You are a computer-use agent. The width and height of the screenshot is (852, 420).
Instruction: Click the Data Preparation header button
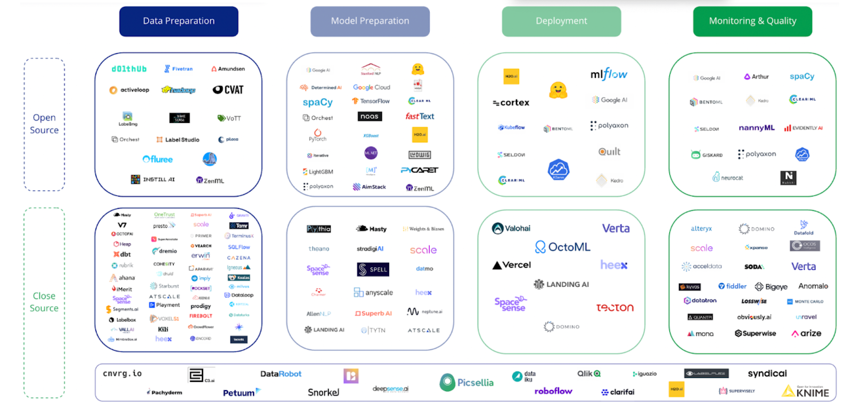pos(178,21)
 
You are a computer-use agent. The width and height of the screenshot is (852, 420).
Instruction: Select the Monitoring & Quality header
pos(752,21)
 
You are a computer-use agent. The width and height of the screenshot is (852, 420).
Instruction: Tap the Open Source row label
pos(44,124)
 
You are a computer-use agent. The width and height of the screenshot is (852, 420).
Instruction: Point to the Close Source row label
pos(44,302)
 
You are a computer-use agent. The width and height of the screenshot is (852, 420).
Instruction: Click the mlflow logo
pos(609,74)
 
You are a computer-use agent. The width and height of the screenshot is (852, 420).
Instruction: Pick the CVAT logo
pos(228,90)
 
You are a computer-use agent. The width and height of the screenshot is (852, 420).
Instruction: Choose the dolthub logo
pos(129,69)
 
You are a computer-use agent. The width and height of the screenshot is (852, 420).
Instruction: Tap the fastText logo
pos(420,116)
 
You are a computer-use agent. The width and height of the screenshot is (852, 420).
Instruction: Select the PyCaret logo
pos(419,170)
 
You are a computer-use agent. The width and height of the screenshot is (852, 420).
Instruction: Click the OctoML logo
pos(562,247)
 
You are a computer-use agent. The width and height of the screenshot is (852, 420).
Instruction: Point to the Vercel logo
pos(512,265)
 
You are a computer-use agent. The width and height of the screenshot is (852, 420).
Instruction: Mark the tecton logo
pos(615,308)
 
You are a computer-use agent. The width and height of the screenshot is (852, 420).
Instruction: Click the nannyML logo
pos(756,128)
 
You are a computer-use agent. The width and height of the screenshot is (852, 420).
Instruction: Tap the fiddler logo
pos(733,286)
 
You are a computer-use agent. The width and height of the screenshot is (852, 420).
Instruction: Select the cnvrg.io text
pos(122,374)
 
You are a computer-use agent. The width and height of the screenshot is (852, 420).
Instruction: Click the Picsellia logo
pos(466,382)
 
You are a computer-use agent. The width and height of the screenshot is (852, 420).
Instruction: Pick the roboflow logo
pos(553,391)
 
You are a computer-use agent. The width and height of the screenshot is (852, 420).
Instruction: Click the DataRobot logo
pos(281,374)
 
